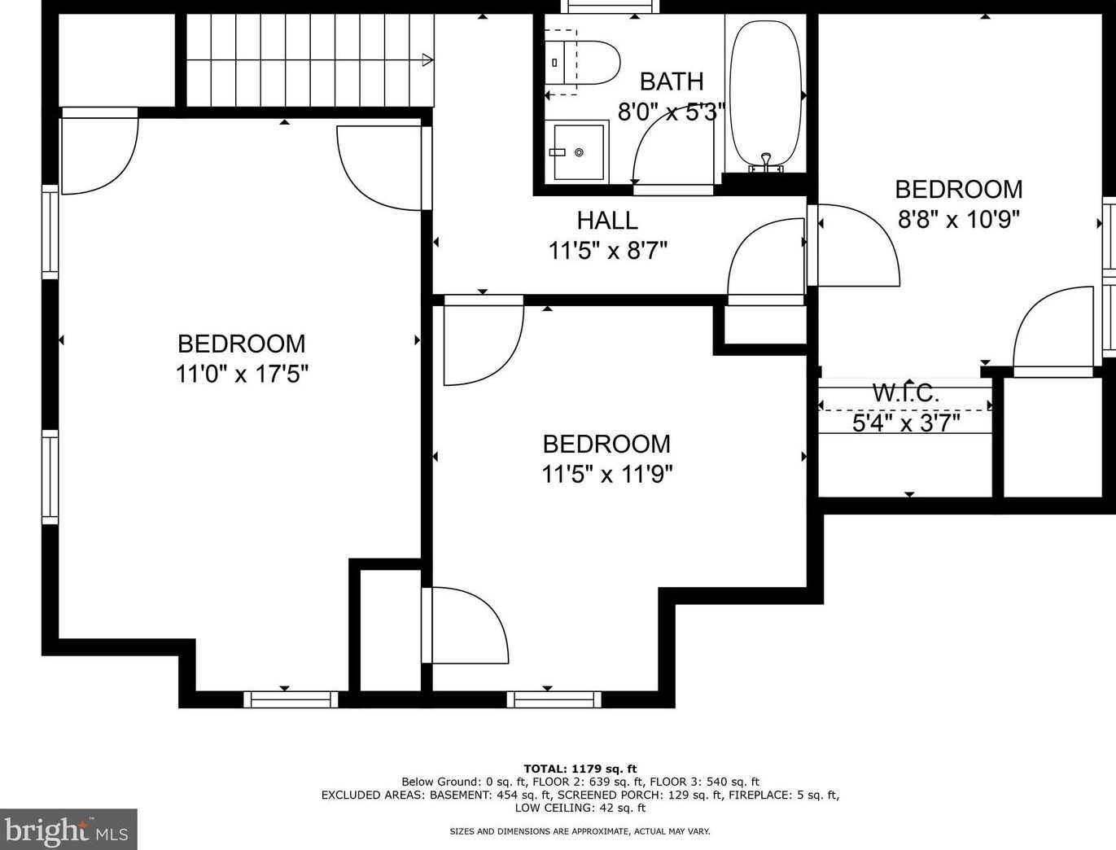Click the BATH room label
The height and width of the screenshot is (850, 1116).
point(672,81)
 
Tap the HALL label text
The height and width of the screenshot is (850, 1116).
point(607,221)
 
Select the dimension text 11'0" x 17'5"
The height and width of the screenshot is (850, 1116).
point(242,375)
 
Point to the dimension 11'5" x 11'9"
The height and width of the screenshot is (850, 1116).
point(607,474)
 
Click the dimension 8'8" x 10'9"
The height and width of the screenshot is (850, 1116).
point(959,220)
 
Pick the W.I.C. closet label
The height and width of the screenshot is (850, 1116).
point(906,393)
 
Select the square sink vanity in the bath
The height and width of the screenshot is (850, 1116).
point(580,151)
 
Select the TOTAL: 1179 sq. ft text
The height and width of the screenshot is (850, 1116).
point(580,769)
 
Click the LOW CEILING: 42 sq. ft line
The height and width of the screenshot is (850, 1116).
point(580,808)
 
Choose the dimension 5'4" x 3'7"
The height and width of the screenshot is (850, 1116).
point(906,423)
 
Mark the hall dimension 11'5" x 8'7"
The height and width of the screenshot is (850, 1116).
point(607,251)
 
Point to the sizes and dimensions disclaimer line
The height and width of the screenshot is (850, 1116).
point(580,831)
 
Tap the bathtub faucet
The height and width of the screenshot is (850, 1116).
point(765,162)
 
